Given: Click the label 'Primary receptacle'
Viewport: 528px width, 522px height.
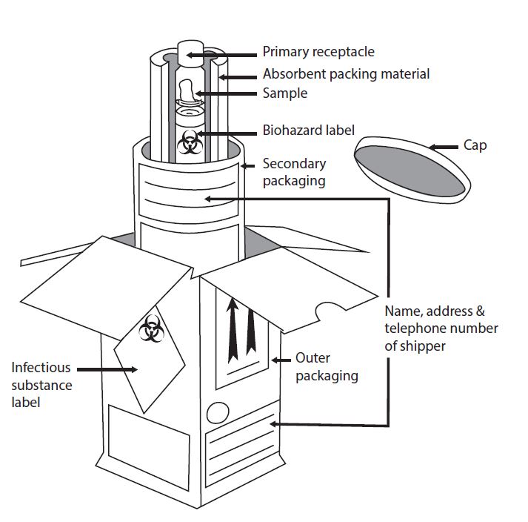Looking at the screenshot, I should click(318, 53).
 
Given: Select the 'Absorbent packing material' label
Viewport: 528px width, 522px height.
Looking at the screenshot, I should click(346, 74).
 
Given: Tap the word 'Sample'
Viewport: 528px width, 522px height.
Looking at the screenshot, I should click(284, 93).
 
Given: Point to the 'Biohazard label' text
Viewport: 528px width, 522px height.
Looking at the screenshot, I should click(308, 130).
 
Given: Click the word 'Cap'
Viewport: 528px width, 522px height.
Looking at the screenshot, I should click(475, 145).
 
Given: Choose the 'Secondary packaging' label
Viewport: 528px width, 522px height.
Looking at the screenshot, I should click(294, 172).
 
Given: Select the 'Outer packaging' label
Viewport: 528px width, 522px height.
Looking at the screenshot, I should click(326, 367).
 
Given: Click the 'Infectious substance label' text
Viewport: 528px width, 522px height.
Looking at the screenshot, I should click(41, 385).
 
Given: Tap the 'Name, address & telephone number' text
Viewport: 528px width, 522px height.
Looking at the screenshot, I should click(441, 328).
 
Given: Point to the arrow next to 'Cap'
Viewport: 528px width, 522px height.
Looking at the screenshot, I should click(444, 146).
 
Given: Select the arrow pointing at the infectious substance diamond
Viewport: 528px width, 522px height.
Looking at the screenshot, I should click(107, 369).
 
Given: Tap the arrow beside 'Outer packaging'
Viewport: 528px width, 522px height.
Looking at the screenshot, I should click(281, 360).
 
